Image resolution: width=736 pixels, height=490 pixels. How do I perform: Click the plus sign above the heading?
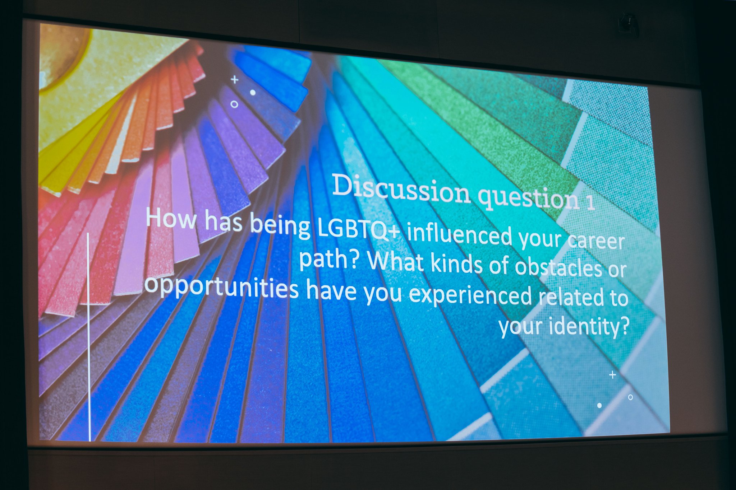coord(235,79)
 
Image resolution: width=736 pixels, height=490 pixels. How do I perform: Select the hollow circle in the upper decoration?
coord(234,104)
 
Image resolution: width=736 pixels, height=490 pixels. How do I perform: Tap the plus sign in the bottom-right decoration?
coord(613,375)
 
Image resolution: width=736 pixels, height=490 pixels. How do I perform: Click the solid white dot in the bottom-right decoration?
coord(599,405)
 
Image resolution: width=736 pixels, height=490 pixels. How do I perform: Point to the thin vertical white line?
coord(89,337)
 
